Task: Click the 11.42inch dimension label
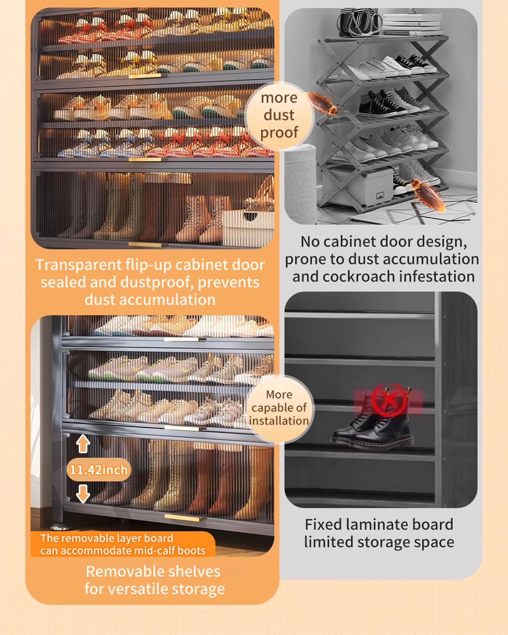(98, 470)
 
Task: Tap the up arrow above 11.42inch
(83, 444)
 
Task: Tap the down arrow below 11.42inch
(83, 494)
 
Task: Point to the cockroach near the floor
(426, 193)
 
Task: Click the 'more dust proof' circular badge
(279, 115)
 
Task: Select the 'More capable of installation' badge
(279, 408)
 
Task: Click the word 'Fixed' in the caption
(323, 525)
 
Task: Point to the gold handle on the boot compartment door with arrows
(182, 518)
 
